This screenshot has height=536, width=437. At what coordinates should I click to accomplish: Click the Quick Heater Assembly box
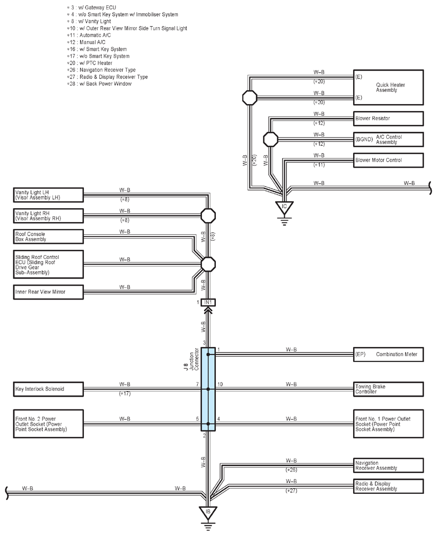[x=388, y=88]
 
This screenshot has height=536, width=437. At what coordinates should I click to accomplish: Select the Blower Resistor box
[x=388, y=119]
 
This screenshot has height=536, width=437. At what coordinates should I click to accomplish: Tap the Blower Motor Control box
[x=388, y=160]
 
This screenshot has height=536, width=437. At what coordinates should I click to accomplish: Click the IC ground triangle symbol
[x=284, y=207]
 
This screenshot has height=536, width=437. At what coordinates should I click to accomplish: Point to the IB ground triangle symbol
[x=208, y=513]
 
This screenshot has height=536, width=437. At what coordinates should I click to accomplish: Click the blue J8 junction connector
[x=208, y=389]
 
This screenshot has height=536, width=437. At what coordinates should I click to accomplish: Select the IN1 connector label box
[x=208, y=303]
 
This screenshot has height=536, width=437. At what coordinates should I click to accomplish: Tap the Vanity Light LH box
[x=48, y=195]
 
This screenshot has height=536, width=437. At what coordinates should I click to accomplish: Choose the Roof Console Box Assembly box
[x=48, y=237]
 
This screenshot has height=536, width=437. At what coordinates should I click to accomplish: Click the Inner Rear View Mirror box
[x=48, y=292]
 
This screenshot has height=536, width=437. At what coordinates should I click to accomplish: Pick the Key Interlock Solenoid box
[x=48, y=389]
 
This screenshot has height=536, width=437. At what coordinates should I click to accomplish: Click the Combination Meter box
[x=388, y=354]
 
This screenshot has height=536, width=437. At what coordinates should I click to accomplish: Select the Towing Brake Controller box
[x=388, y=389]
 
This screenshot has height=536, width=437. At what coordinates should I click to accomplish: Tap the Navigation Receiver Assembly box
[x=388, y=466]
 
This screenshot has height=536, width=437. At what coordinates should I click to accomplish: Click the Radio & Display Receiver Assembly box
[x=388, y=486]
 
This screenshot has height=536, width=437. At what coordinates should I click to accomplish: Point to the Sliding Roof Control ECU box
[x=48, y=265]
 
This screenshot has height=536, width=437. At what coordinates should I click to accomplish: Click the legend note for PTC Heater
[x=90, y=63]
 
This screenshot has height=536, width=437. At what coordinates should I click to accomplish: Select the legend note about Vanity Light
[x=89, y=21]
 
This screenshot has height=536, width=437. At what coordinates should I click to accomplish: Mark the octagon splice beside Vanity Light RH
[x=208, y=216]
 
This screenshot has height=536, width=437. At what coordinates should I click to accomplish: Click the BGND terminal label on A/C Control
[x=364, y=139]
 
